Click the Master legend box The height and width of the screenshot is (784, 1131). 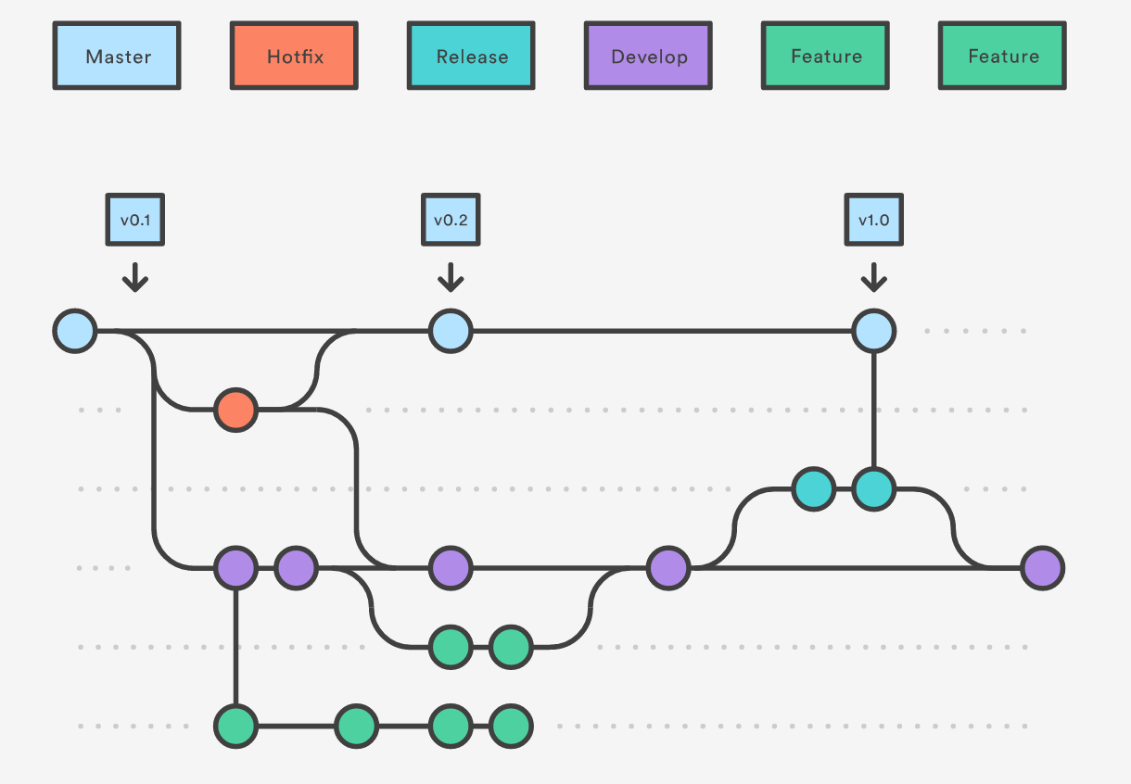pos(117,56)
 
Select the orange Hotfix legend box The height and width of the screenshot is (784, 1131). pos(294,56)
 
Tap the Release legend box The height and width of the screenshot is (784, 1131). pos(471,56)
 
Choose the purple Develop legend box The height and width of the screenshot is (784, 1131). pos(648,56)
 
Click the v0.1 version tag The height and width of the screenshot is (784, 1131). pos(134,220)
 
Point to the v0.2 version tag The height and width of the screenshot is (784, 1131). pos(451,220)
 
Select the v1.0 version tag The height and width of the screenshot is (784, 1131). pos(874,220)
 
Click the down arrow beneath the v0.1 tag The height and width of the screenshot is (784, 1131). pos(134,277)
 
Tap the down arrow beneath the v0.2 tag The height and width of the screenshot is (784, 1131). pos(451,277)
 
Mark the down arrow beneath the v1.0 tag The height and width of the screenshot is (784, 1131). pos(874,277)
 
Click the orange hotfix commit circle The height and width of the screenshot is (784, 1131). pos(235,410)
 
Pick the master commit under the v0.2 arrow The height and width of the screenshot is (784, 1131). pos(451,331)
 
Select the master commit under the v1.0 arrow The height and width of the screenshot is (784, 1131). pos(874,331)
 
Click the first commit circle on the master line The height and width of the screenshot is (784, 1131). pos(75,331)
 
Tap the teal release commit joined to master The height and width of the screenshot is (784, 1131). pos(874,489)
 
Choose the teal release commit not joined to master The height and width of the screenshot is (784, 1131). pos(814,489)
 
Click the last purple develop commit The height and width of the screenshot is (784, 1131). pos(1043,568)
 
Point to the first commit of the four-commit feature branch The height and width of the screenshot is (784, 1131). pos(235,726)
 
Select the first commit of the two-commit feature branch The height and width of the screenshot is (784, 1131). pos(451,647)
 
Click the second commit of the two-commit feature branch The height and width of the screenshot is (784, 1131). pos(511,647)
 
